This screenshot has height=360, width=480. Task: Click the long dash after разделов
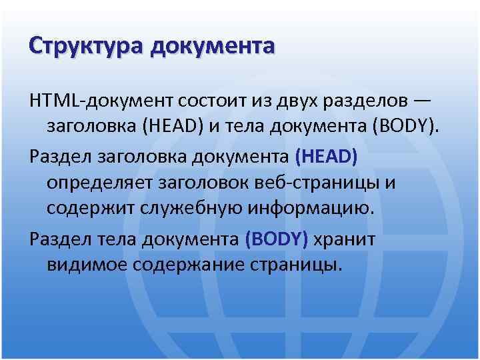pyautogui.click(x=422, y=100)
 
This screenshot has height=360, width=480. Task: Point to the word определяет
pyautogui.click(x=101, y=183)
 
